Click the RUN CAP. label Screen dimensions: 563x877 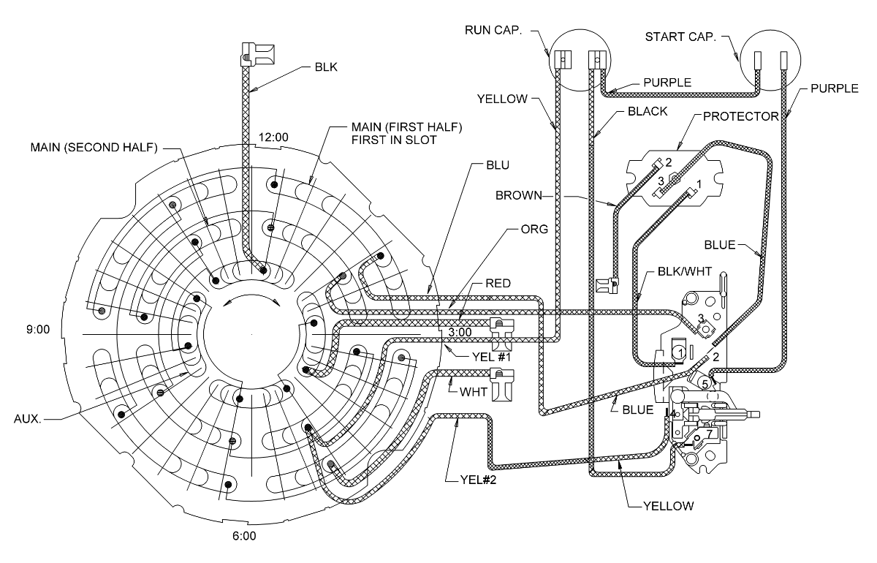point(493,31)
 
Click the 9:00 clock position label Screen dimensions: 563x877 point(37,330)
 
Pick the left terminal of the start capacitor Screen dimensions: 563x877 point(758,60)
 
